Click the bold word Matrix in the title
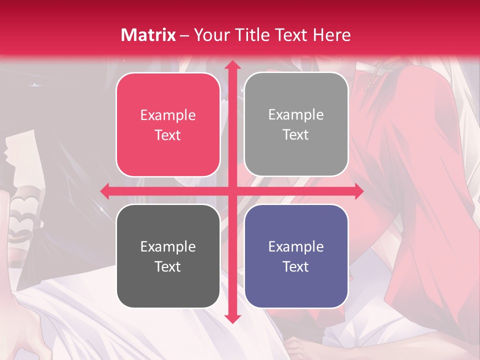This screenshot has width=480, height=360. (148, 35)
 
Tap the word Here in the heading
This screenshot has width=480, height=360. (331, 35)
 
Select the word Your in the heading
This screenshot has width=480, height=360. (210, 35)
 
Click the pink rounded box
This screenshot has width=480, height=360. (168, 124)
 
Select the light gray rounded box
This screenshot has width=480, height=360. (296, 124)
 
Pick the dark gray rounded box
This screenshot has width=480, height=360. (168, 256)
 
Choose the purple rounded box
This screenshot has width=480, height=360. (296, 256)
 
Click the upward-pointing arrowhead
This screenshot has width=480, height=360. (232, 65)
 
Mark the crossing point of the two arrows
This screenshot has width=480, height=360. (232, 191)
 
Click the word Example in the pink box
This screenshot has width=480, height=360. (168, 115)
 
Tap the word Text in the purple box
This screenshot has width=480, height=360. (296, 266)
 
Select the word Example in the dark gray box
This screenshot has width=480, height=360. (168, 246)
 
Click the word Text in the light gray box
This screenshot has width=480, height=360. (296, 134)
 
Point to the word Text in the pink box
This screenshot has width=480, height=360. (168, 135)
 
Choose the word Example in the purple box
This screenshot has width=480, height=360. (296, 246)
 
